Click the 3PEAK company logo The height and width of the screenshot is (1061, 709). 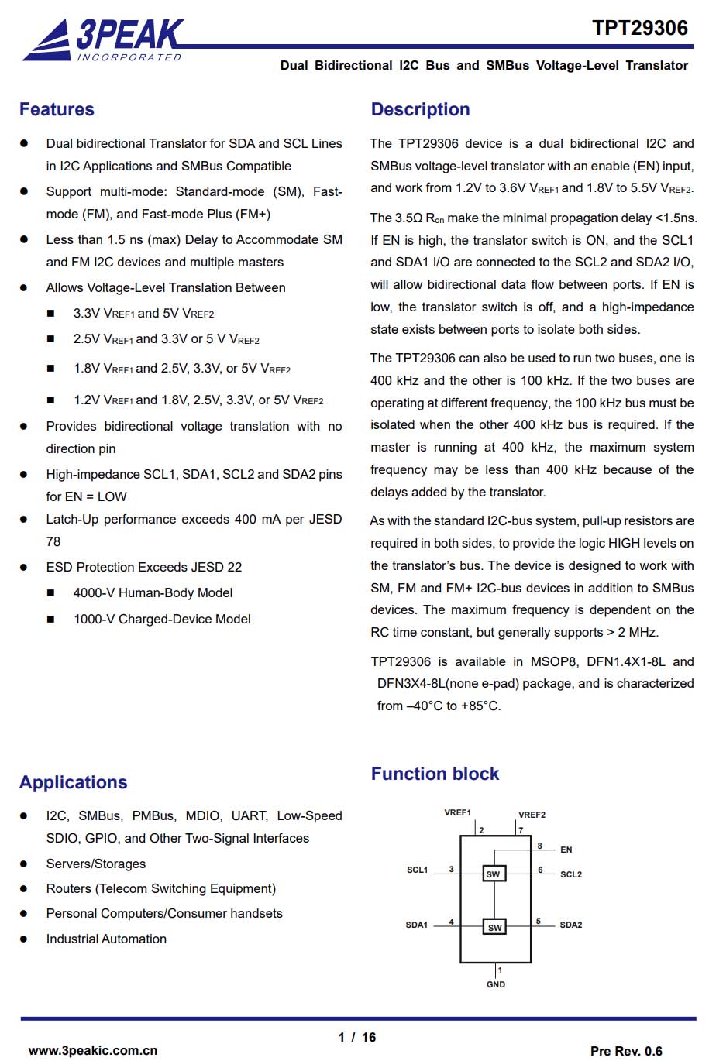coord(103,40)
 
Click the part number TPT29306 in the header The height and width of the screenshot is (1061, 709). coord(639,28)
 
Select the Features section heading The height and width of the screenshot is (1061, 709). coord(57,109)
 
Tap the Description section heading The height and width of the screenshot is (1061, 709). coord(420,109)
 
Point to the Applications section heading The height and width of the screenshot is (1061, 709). coord(73,782)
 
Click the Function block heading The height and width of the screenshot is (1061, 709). coord(435,774)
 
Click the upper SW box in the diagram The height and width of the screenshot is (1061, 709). coord(494,874)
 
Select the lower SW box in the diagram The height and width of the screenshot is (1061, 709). coord(494,927)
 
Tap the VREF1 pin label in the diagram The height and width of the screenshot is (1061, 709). coord(457,812)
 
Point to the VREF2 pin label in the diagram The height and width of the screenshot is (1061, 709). coord(532,815)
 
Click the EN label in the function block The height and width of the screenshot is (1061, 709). coord(566,850)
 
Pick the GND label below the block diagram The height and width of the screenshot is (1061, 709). coord(496,984)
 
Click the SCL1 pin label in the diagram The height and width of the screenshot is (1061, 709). coord(417,870)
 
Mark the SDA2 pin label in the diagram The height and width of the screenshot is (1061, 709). coord(571,925)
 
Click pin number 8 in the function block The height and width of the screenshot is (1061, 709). coord(540,846)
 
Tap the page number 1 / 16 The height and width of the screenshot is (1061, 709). coord(356,1037)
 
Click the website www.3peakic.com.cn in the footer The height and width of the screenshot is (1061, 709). coord(93,1050)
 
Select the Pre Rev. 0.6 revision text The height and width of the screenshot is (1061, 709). coord(626,1051)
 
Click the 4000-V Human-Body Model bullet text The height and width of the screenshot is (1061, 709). coord(153,592)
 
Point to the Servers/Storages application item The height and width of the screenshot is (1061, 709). coord(95,864)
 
